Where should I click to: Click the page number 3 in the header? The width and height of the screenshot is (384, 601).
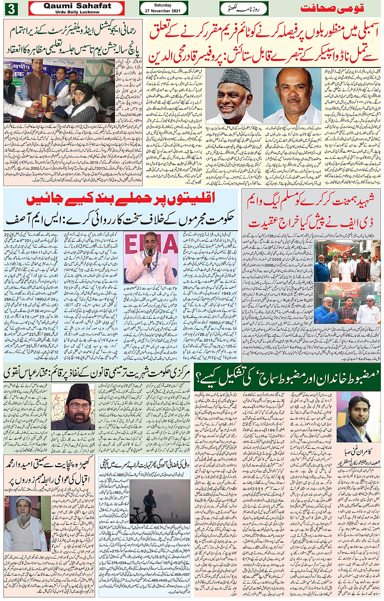tap(11, 9)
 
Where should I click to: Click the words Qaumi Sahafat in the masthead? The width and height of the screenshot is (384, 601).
tap(77, 6)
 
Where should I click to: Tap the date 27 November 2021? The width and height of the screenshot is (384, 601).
tap(163, 11)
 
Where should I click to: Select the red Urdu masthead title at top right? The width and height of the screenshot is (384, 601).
tap(332, 8)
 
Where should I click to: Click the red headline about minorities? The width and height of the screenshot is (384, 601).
tap(121, 199)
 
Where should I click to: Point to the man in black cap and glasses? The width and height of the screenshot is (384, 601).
tap(73, 407)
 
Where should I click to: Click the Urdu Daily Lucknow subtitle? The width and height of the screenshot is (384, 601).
tap(77, 12)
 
